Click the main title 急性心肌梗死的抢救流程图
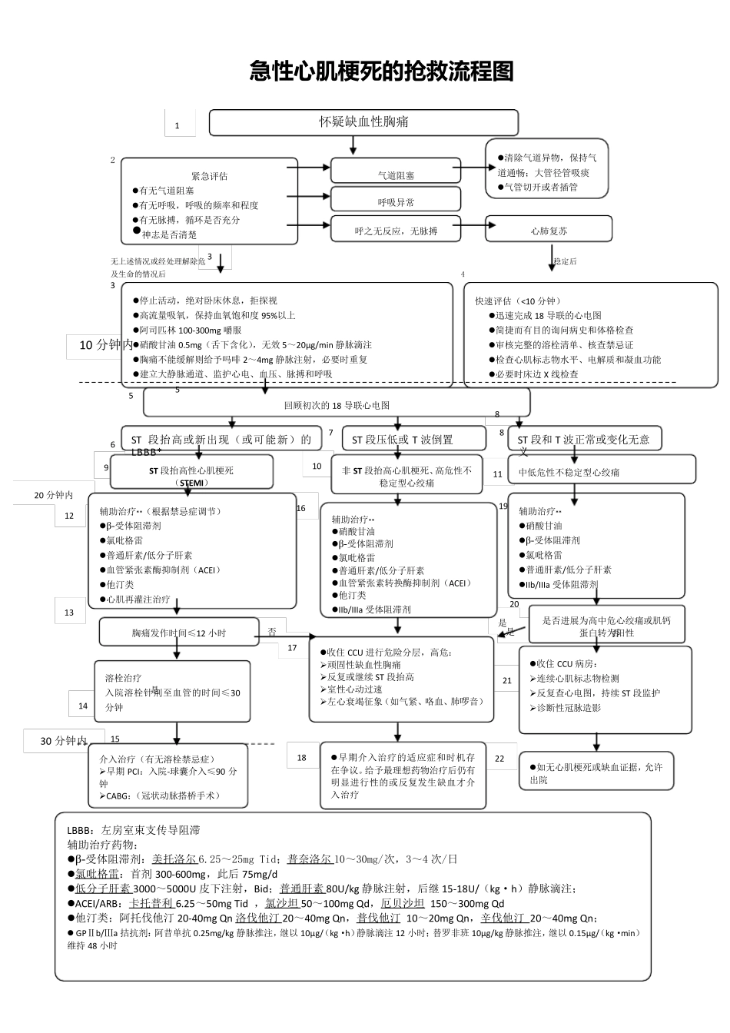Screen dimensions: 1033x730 (381, 71)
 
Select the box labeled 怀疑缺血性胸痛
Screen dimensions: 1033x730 (363, 122)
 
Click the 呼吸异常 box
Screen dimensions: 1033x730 (396, 202)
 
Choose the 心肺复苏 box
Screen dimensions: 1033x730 (549, 231)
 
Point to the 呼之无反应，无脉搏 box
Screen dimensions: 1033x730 (396, 231)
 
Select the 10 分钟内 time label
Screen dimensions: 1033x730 (105, 345)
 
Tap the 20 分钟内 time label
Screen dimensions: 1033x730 (53, 495)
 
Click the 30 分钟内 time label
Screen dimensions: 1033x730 (63, 741)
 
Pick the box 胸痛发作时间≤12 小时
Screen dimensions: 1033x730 (178, 633)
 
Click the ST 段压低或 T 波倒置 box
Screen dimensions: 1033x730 (413, 440)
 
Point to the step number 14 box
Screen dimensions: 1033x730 (83, 706)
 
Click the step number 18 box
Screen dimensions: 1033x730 (302, 757)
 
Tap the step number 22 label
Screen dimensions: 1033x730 (499, 759)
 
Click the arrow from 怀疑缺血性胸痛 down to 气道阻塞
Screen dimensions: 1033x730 (353, 146)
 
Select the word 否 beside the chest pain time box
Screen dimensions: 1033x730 (272, 632)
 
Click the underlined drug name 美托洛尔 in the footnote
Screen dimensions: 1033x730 (174, 859)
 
